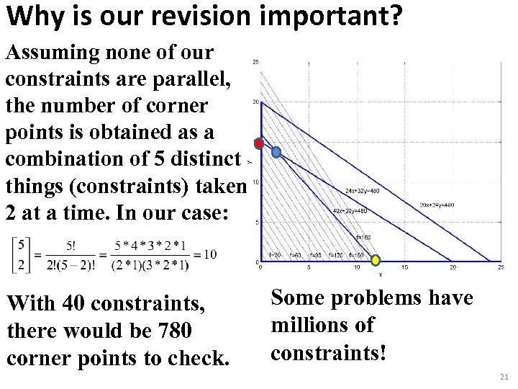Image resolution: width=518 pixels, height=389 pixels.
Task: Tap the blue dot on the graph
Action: click(276, 152)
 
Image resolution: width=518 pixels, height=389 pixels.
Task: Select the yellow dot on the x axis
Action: click(375, 259)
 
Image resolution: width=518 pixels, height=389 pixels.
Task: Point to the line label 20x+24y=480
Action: click(437, 205)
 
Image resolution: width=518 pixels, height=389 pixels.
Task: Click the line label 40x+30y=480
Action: click(350, 211)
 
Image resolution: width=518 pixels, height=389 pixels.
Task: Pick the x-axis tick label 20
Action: click(452, 268)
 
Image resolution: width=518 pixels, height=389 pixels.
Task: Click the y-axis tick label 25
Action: click(255, 62)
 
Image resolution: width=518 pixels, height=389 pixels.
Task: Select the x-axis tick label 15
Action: click(404, 268)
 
